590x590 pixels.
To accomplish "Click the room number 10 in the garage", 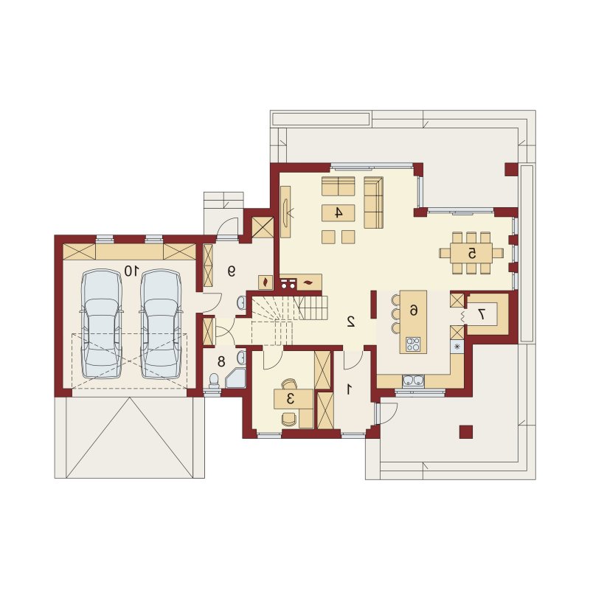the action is pyautogui.click(x=132, y=270).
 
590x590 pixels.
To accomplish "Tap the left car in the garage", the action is pyautogui.click(x=102, y=324).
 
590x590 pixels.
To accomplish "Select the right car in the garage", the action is pyautogui.click(x=161, y=324).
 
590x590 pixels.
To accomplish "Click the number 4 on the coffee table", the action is pyautogui.click(x=339, y=213).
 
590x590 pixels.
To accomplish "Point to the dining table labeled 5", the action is pyautogui.click(x=471, y=253).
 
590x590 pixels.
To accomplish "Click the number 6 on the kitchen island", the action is pyautogui.click(x=413, y=310).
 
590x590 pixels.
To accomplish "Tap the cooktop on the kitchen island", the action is pyautogui.click(x=413, y=344).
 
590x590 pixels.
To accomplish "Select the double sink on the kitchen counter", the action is pyautogui.click(x=414, y=381).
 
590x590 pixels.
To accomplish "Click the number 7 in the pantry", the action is pyautogui.click(x=481, y=314).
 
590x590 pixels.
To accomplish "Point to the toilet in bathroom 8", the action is pyautogui.click(x=214, y=381).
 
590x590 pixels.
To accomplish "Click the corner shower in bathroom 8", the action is pyautogui.click(x=235, y=378).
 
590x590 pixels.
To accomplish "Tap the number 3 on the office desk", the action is pyautogui.click(x=290, y=398).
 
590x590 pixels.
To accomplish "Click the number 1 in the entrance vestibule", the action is pyautogui.click(x=349, y=390).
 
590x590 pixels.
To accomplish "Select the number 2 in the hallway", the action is pyautogui.click(x=351, y=321).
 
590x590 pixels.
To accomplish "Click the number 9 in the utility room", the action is pyautogui.click(x=232, y=271).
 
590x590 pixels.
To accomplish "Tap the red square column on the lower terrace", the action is pyautogui.click(x=466, y=432).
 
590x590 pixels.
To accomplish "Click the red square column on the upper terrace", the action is pyautogui.click(x=511, y=170).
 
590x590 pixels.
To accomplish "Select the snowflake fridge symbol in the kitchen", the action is pyautogui.click(x=457, y=347).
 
